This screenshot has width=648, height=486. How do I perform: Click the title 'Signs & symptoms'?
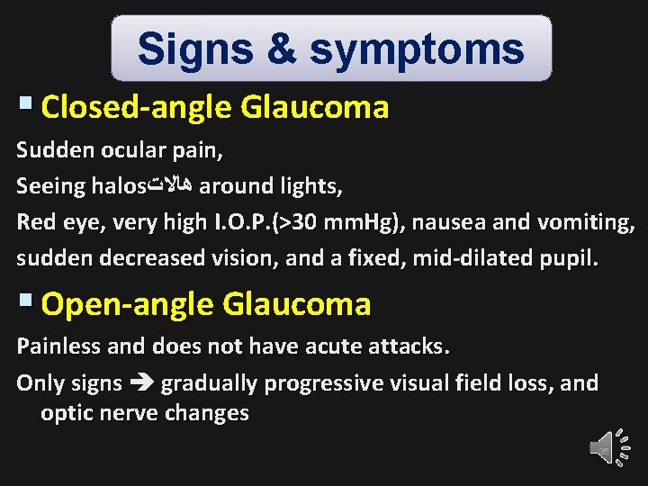[330, 49]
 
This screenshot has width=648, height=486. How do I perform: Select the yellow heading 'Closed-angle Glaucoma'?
[215, 108]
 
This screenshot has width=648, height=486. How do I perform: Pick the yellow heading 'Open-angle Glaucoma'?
[206, 304]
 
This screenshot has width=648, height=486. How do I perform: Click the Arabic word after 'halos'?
[170, 186]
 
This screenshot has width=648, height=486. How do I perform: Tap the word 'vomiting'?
[585, 222]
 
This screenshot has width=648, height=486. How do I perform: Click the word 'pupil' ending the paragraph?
[571, 258]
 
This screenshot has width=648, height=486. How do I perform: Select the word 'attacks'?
[411, 346]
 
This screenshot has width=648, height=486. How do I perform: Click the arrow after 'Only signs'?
[141, 383]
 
